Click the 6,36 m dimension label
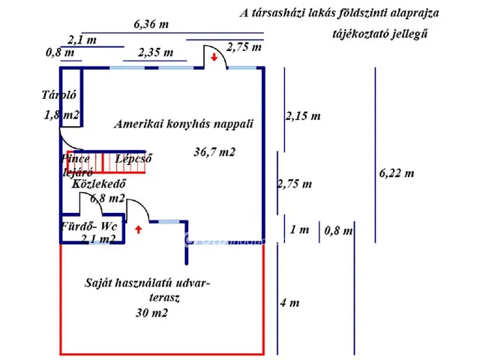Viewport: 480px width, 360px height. pyautogui.click(x=151, y=24)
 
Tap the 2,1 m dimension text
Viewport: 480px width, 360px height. pyautogui.click(x=81, y=39)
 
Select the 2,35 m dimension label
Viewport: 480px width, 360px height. pyautogui.click(x=156, y=52)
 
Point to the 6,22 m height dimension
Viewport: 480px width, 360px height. pyautogui.click(x=397, y=173)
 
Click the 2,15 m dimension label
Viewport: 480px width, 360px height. pyautogui.click(x=303, y=116)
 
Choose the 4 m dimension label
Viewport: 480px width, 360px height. pyautogui.click(x=289, y=303)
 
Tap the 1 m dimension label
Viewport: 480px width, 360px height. pyautogui.click(x=298, y=230)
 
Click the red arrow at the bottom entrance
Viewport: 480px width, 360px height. pyautogui.click(x=139, y=229)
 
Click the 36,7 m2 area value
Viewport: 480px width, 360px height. pyautogui.click(x=214, y=152)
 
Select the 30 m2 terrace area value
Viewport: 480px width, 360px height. pyautogui.click(x=151, y=313)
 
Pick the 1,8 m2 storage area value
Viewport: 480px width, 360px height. pyautogui.click(x=61, y=115)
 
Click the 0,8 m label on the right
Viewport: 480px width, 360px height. pyautogui.click(x=337, y=231)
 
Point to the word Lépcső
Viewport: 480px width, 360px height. pyautogui.click(x=134, y=158)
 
